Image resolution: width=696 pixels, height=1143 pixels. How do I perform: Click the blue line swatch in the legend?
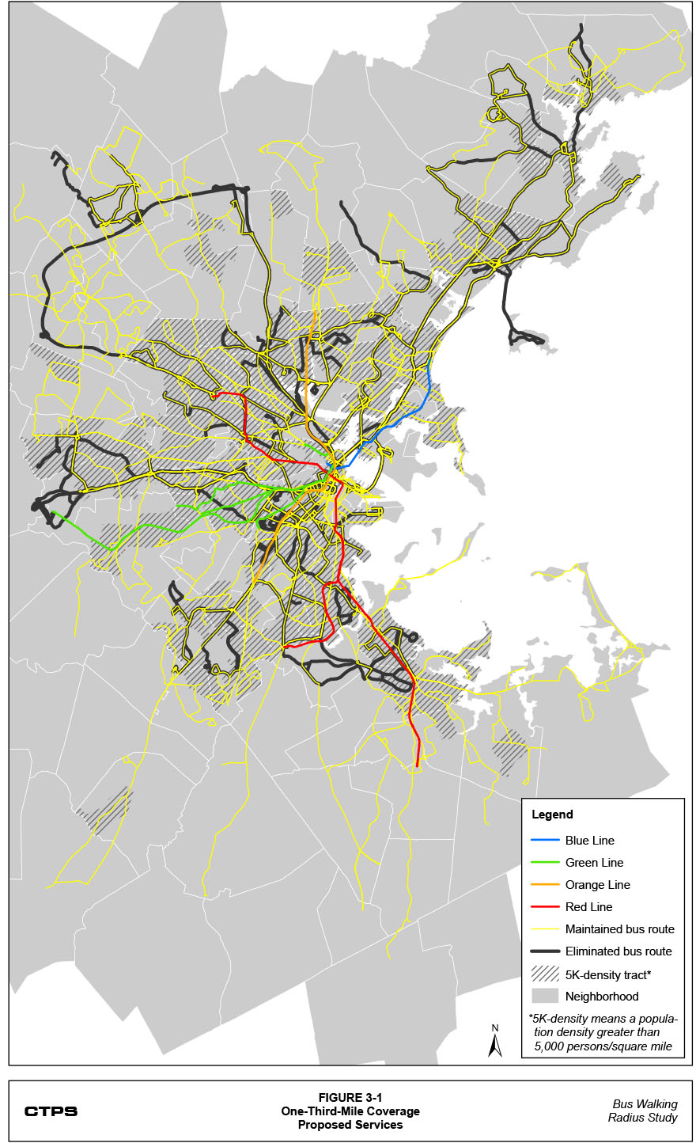coord(545,841)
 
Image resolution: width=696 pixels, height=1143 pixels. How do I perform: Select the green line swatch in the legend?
coord(545,863)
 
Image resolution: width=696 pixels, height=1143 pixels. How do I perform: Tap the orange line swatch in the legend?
coord(545,885)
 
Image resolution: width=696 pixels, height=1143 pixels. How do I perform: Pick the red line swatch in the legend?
coord(545,907)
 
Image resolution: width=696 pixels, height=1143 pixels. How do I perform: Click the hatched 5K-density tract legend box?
coord(545,974)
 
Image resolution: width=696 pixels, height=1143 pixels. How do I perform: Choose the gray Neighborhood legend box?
coord(545,996)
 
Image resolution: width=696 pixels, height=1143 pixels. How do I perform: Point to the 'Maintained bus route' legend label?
coord(619,929)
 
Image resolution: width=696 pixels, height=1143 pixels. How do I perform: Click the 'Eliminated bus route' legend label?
coord(618,951)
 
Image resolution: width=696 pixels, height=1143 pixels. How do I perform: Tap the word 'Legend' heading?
coord(552,815)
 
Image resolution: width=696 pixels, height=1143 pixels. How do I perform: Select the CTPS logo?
coord(51,1111)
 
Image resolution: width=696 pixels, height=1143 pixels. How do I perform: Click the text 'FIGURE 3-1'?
coord(350,1098)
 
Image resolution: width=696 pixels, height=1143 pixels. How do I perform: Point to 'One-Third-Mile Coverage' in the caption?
coord(350,1111)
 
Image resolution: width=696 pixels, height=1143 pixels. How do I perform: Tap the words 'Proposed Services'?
coord(350,1125)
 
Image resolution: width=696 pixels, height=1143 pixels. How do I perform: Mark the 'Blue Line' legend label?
coord(589,841)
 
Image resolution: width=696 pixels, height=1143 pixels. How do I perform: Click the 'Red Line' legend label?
coord(588,907)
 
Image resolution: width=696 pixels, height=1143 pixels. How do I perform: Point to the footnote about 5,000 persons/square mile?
coord(603,1032)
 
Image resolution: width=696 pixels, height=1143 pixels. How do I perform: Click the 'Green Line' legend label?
coord(594,863)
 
